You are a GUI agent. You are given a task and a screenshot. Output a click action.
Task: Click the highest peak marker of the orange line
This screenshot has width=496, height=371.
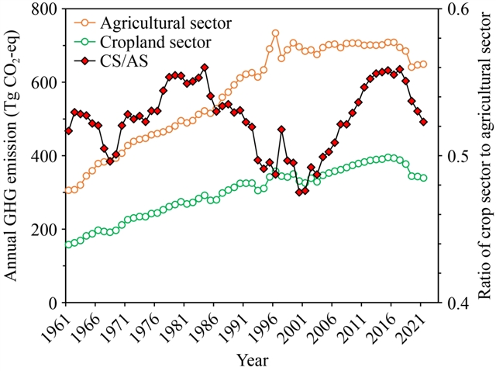(x=275, y=33)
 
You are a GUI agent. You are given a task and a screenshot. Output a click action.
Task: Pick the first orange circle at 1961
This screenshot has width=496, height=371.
(x=68, y=190)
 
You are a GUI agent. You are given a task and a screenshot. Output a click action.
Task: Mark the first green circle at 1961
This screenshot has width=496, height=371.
(x=68, y=244)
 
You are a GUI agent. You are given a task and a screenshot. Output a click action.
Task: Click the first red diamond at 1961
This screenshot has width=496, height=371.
(x=68, y=131)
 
